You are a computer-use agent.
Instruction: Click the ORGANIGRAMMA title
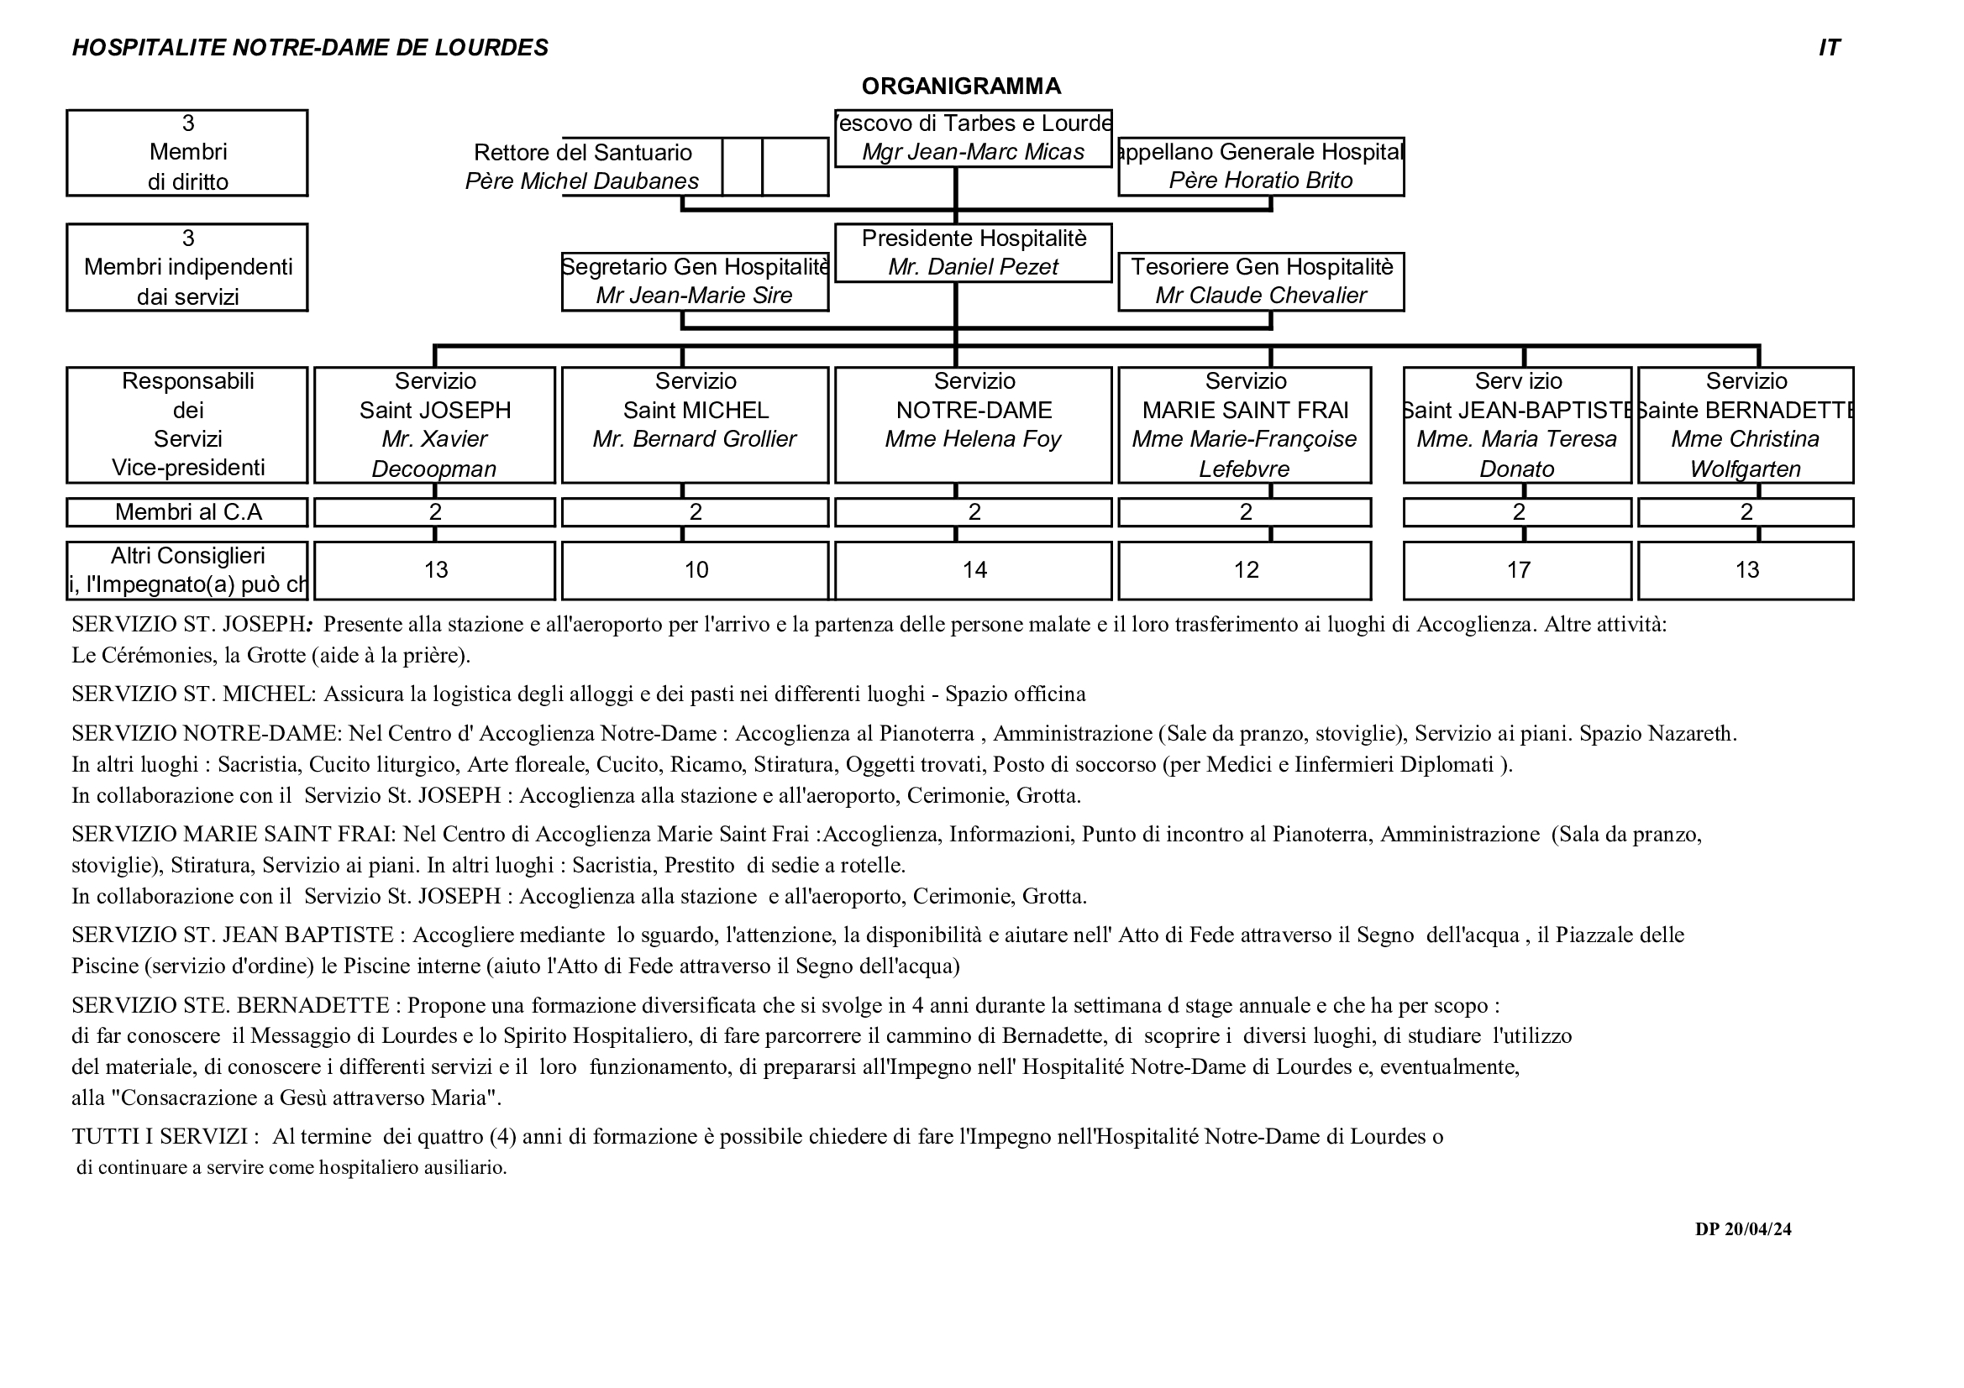pos(961,86)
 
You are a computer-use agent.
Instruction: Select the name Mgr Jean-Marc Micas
pos(973,152)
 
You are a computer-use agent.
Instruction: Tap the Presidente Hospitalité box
pos(973,252)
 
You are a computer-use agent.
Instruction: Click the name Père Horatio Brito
pos(1260,181)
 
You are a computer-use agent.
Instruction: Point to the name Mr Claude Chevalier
pos(1260,296)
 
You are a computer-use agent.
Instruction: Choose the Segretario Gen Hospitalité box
pos(695,281)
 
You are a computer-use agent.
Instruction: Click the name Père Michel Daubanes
pos(581,181)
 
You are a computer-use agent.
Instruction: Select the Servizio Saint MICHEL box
pos(695,425)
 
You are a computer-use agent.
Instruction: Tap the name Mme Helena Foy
pos(973,440)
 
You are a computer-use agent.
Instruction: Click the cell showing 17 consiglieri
pos(1517,570)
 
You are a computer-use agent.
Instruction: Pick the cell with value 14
pos(974,570)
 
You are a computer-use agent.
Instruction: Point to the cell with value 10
pos(696,570)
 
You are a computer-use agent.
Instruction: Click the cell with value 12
pos(1246,570)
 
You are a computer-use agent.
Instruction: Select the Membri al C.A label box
pos(187,512)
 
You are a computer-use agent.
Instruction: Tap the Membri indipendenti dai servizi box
pos(187,268)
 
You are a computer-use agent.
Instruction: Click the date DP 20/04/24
pos(1742,1230)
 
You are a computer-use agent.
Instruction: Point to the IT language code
pos(1829,48)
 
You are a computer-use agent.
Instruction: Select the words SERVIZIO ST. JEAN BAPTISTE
pos(233,935)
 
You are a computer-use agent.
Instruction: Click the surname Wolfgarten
pos(1745,469)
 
